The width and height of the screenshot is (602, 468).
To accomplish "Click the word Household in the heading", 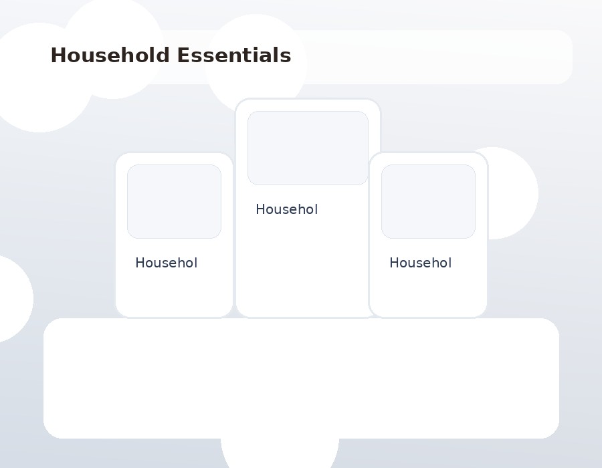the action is click(x=110, y=55).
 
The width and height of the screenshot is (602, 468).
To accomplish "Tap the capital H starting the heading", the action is click(x=58, y=55).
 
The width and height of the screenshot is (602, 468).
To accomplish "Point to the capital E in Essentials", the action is click(x=183, y=55).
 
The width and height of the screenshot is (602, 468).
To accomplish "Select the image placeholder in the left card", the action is click(x=175, y=202).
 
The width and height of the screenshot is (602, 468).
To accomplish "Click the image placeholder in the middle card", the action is click(x=308, y=148).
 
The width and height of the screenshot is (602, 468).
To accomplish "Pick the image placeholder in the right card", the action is click(x=429, y=202).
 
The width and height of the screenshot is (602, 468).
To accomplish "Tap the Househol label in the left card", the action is click(x=167, y=263).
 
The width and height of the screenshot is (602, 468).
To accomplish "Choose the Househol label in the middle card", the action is click(x=287, y=209).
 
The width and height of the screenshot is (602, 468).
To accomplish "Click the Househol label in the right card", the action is click(x=421, y=263).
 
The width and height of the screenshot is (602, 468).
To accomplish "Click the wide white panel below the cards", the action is click(x=302, y=378).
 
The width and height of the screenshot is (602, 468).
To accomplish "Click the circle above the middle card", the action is click(x=256, y=57).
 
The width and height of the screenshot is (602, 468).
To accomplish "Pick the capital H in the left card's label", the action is click(x=140, y=263).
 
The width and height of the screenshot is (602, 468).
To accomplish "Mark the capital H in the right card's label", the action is click(x=394, y=263).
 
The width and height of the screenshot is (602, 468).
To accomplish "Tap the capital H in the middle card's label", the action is click(x=260, y=209).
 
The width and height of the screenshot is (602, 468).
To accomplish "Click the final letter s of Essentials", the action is click(x=286, y=57).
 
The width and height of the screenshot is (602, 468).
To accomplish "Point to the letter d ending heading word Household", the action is click(x=163, y=55).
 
